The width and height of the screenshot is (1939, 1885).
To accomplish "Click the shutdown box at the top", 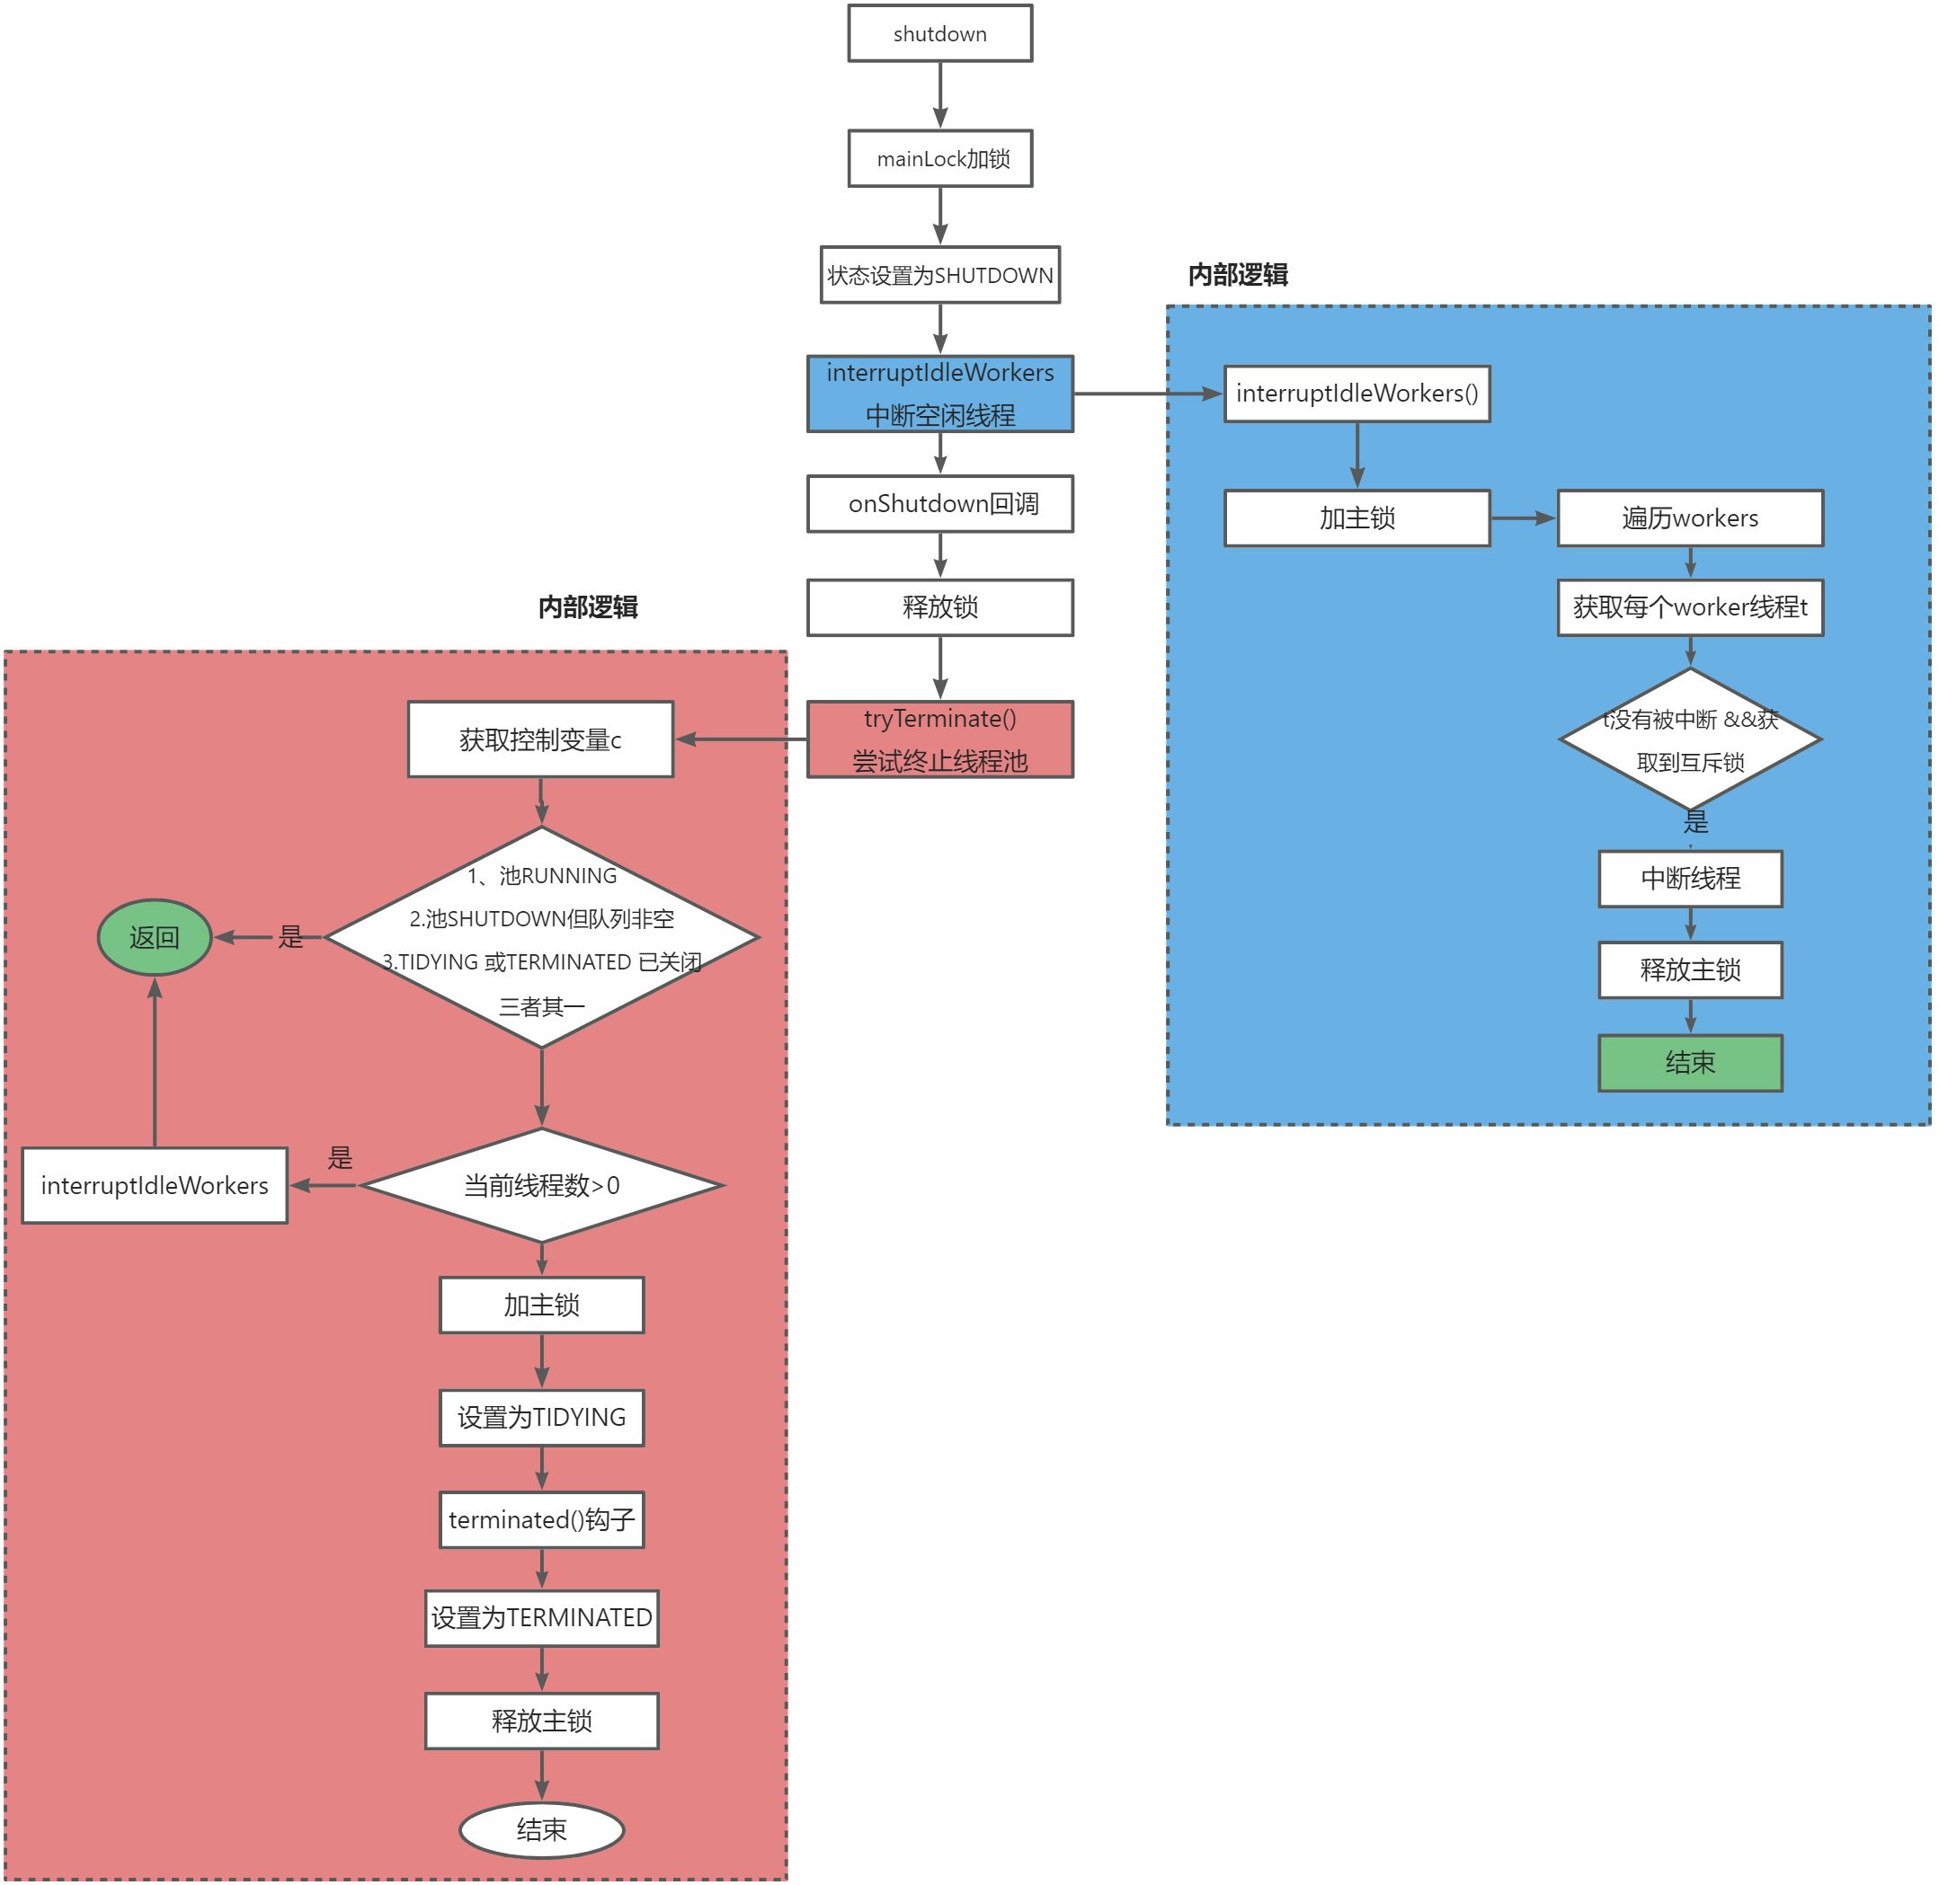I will pyautogui.click(x=938, y=33).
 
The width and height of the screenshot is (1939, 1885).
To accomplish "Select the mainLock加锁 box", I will pyautogui.click(x=938, y=158).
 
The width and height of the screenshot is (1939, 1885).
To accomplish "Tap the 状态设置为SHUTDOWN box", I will pyautogui.click(x=938, y=275).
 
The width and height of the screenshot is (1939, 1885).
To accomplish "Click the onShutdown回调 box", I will pyautogui.click(x=938, y=504).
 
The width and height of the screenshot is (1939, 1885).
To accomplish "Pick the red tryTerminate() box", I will pyautogui.click(x=938, y=739).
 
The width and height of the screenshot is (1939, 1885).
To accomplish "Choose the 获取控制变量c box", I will pyautogui.click(x=539, y=739).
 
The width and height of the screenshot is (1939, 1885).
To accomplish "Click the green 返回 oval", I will pyautogui.click(x=155, y=936).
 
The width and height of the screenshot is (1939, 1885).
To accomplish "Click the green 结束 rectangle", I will pyautogui.click(x=1689, y=1063).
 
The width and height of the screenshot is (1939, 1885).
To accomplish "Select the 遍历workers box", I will pyautogui.click(x=1689, y=518).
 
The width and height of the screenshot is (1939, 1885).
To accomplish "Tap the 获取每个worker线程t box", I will pyautogui.click(x=1689, y=606).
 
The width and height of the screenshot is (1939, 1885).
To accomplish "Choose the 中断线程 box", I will pyautogui.click(x=1689, y=878).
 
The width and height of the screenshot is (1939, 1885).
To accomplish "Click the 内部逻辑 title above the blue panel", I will pyautogui.click(x=1237, y=274).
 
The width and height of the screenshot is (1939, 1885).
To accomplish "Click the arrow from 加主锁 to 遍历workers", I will pyautogui.click(x=1522, y=518).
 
